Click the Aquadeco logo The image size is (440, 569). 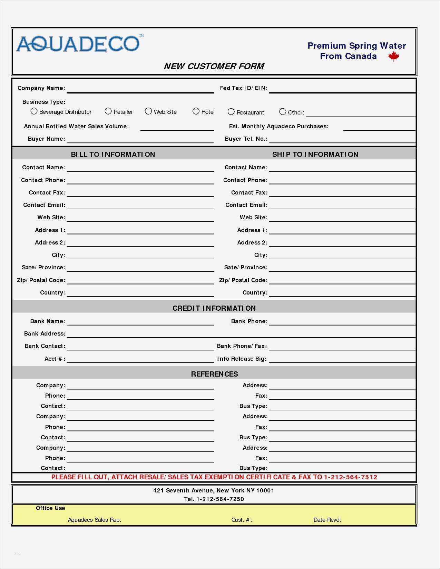click(78, 44)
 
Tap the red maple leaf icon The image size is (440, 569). click(393, 57)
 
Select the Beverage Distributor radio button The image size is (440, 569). click(34, 111)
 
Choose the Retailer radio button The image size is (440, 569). click(108, 111)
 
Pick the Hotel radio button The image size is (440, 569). click(196, 111)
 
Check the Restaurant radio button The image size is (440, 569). click(231, 112)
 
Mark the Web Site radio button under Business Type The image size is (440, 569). click(148, 111)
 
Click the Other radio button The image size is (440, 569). click(283, 112)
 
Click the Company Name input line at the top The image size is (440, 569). click(140, 89)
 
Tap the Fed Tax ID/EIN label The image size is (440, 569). click(244, 88)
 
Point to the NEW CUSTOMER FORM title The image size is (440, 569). click(214, 66)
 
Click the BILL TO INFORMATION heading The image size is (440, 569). click(113, 154)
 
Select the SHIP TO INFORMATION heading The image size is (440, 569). click(315, 154)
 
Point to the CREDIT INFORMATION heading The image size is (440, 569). click(214, 308)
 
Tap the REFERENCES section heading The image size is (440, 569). click(214, 374)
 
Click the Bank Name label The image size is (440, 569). click(48, 321)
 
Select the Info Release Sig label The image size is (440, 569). click(242, 359)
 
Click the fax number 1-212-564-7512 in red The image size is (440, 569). click(350, 477)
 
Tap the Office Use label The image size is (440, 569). click(50, 508)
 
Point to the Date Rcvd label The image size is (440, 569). click(327, 520)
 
